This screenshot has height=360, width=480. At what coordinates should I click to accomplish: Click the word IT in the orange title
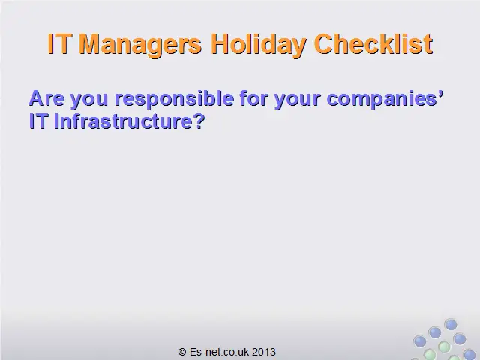(x=60, y=44)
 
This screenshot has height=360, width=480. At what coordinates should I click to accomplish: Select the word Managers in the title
(x=140, y=45)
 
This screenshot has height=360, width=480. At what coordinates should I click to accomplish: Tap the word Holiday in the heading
(x=259, y=45)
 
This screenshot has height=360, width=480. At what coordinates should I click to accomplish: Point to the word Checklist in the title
(x=373, y=44)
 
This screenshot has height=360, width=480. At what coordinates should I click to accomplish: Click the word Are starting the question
(x=46, y=98)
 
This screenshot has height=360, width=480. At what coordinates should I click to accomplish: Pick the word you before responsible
(x=89, y=100)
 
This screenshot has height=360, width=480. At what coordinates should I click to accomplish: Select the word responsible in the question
(x=174, y=99)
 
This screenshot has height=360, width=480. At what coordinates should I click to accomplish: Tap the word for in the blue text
(x=253, y=98)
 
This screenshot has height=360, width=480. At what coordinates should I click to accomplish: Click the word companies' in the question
(x=385, y=99)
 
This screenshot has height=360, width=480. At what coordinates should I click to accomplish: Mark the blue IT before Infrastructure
(x=38, y=121)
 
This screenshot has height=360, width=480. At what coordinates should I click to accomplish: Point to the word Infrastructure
(x=122, y=121)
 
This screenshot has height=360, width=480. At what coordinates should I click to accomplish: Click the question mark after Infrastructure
(x=199, y=121)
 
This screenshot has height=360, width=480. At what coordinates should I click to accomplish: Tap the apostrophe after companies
(x=441, y=93)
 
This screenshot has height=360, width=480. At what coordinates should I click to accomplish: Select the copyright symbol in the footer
(x=182, y=352)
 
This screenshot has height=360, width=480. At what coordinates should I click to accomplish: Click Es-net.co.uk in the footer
(x=219, y=352)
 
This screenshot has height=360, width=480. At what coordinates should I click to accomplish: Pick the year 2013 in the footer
(x=264, y=352)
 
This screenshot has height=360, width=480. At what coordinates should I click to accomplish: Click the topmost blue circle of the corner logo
(x=451, y=324)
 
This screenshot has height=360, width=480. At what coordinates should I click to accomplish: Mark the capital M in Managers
(x=90, y=44)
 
